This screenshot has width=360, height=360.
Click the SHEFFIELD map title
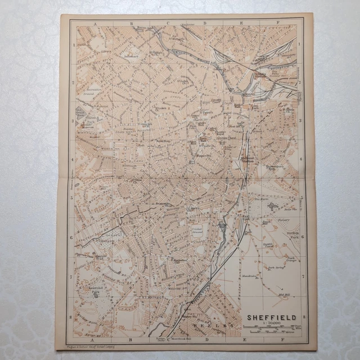click(271, 317)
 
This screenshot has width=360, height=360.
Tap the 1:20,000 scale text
click(271, 324)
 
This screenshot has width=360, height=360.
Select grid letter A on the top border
click(96, 24)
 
